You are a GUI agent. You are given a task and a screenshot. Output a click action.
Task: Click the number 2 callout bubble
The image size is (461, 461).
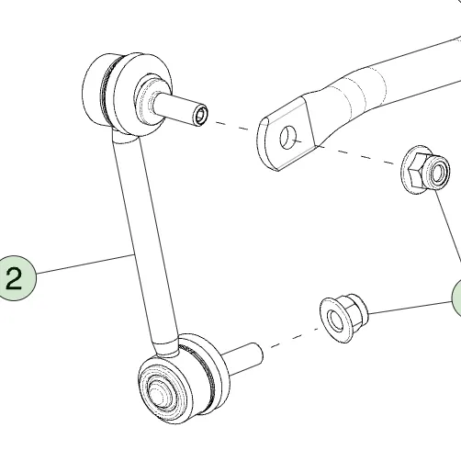(x=15, y=277)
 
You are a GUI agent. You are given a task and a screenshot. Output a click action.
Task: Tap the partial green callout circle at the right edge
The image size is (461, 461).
(x=456, y=297)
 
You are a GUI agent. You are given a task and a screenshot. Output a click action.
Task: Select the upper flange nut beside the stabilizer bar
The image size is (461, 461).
(x=425, y=169)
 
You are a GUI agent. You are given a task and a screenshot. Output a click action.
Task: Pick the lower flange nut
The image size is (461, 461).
(x=343, y=318)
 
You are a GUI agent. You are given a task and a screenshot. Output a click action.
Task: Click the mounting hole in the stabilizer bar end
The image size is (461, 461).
(x=288, y=138)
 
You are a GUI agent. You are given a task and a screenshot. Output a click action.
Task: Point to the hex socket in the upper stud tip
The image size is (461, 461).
(x=202, y=116)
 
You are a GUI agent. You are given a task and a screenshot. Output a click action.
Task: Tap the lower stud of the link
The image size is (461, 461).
(x=242, y=359)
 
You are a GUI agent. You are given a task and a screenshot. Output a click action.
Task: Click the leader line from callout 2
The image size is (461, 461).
(x=85, y=264)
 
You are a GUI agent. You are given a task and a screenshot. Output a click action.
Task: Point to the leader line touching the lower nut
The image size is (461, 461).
(x=410, y=308)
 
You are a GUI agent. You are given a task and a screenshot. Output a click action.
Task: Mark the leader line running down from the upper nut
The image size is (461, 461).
(x=447, y=226)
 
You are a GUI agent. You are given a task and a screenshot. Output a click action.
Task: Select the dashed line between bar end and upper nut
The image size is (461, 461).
(x=358, y=154)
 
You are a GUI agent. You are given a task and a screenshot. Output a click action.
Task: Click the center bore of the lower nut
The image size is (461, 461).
(x=334, y=320)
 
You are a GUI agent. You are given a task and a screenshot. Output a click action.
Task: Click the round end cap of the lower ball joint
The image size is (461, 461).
(x=162, y=394)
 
